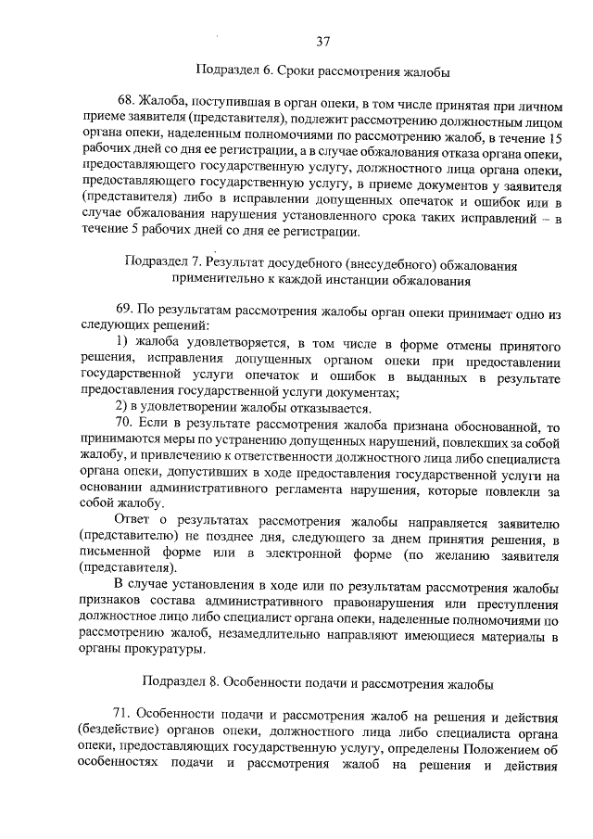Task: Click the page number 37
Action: tap(323, 41)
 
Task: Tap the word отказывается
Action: tap(326, 409)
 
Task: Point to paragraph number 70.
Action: tap(126, 426)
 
